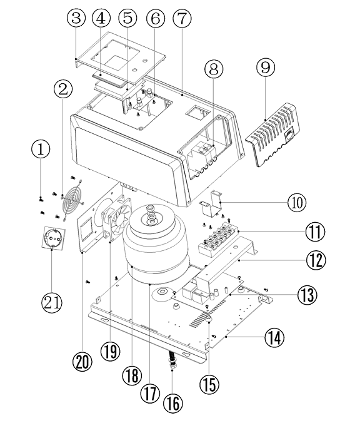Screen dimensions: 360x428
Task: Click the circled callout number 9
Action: coord(266,68)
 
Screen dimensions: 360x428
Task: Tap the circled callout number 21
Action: coord(51,302)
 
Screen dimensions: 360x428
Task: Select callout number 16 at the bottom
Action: coord(173,403)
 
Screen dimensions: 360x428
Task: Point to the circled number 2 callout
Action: coord(63,89)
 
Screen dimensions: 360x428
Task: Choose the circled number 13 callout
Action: coord(307,295)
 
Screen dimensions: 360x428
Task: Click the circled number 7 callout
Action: coord(182,18)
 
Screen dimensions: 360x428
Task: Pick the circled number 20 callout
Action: coord(82,362)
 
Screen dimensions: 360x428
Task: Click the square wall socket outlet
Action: coord(54,238)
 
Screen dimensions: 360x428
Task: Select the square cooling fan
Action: coord(116,223)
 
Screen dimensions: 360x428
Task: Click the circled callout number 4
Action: coord(101,18)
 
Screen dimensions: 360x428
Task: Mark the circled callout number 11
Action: coord(315,232)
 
